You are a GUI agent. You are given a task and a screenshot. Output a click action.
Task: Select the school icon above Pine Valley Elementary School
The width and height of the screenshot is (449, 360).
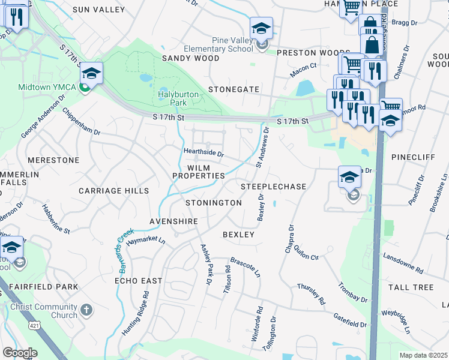pyautogui.click(x=261, y=28)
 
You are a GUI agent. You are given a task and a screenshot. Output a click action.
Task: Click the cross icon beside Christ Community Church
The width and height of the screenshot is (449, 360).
pyautogui.click(x=86, y=310)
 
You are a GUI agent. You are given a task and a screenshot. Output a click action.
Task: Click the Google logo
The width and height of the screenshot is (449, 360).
pyautogui.click(x=20, y=353)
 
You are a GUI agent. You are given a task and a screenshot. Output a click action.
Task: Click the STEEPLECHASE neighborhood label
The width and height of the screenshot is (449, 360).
pyautogui.click(x=274, y=187)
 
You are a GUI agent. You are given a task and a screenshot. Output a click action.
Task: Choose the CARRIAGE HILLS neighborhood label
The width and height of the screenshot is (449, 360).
pyautogui.click(x=113, y=191)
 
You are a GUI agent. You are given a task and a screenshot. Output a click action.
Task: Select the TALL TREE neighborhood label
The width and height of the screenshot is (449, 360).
pyautogui.click(x=411, y=287)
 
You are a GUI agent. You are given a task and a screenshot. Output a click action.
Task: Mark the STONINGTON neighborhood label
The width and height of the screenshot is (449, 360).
pyautogui.click(x=213, y=203)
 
